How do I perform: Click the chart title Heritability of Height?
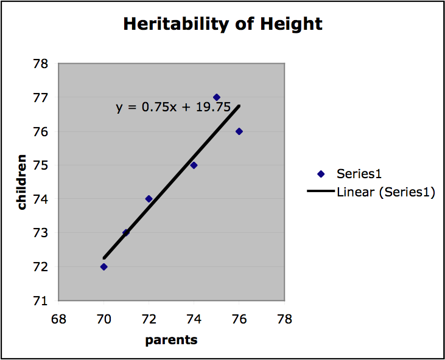[222, 24]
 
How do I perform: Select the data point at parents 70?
[103, 266]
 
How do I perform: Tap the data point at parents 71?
[126, 232]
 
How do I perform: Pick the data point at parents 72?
[149, 199]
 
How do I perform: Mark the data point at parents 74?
[194, 165]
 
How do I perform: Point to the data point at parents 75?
[216, 97]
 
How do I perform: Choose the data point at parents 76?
[239, 131]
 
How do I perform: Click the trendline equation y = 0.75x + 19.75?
[173, 108]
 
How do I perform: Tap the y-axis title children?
[22, 182]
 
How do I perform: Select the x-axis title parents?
[171, 340]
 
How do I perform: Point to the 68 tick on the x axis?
[58, 319]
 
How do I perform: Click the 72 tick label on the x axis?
[149, 319]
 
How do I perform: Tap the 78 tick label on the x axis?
[284, 319]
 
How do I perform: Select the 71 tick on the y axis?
[43, 300]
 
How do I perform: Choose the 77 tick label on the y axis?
[43, 97]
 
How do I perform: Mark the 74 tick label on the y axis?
[43, 199]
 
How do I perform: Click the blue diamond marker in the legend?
[321, 174]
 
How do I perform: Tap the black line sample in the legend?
[321, 192]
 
